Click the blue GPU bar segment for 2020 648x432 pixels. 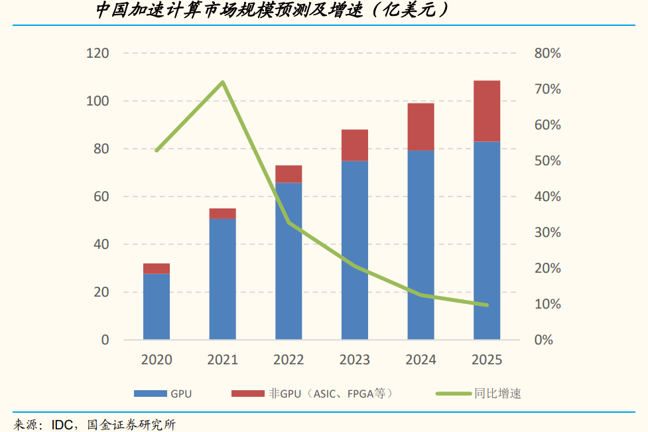point(157,307)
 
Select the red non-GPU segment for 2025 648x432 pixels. point(487,111)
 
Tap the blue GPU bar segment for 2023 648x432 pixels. point(355,250)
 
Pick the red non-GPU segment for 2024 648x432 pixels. point(421,127)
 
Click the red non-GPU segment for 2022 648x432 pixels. point(289,174)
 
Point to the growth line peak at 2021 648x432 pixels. point(223,82)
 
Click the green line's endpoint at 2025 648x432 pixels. point(487,305)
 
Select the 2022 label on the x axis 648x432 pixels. point(289,360)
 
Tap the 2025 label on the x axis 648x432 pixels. point(487,360)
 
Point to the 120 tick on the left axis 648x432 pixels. point(97,53)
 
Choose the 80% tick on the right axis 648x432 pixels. point(547,53)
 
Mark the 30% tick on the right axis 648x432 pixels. point(547,232)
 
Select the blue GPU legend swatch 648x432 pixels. point(149,394)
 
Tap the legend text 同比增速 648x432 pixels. point(497,394)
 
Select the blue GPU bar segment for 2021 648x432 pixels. point(223,279)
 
